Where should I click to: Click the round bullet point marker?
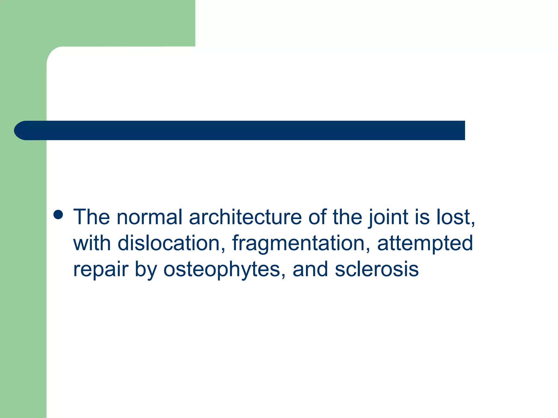[x=58, y=215]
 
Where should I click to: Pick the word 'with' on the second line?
[x=92, y=243]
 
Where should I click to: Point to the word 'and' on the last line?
[x=310, y=269]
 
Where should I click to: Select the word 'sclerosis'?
[x=377, y=269]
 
